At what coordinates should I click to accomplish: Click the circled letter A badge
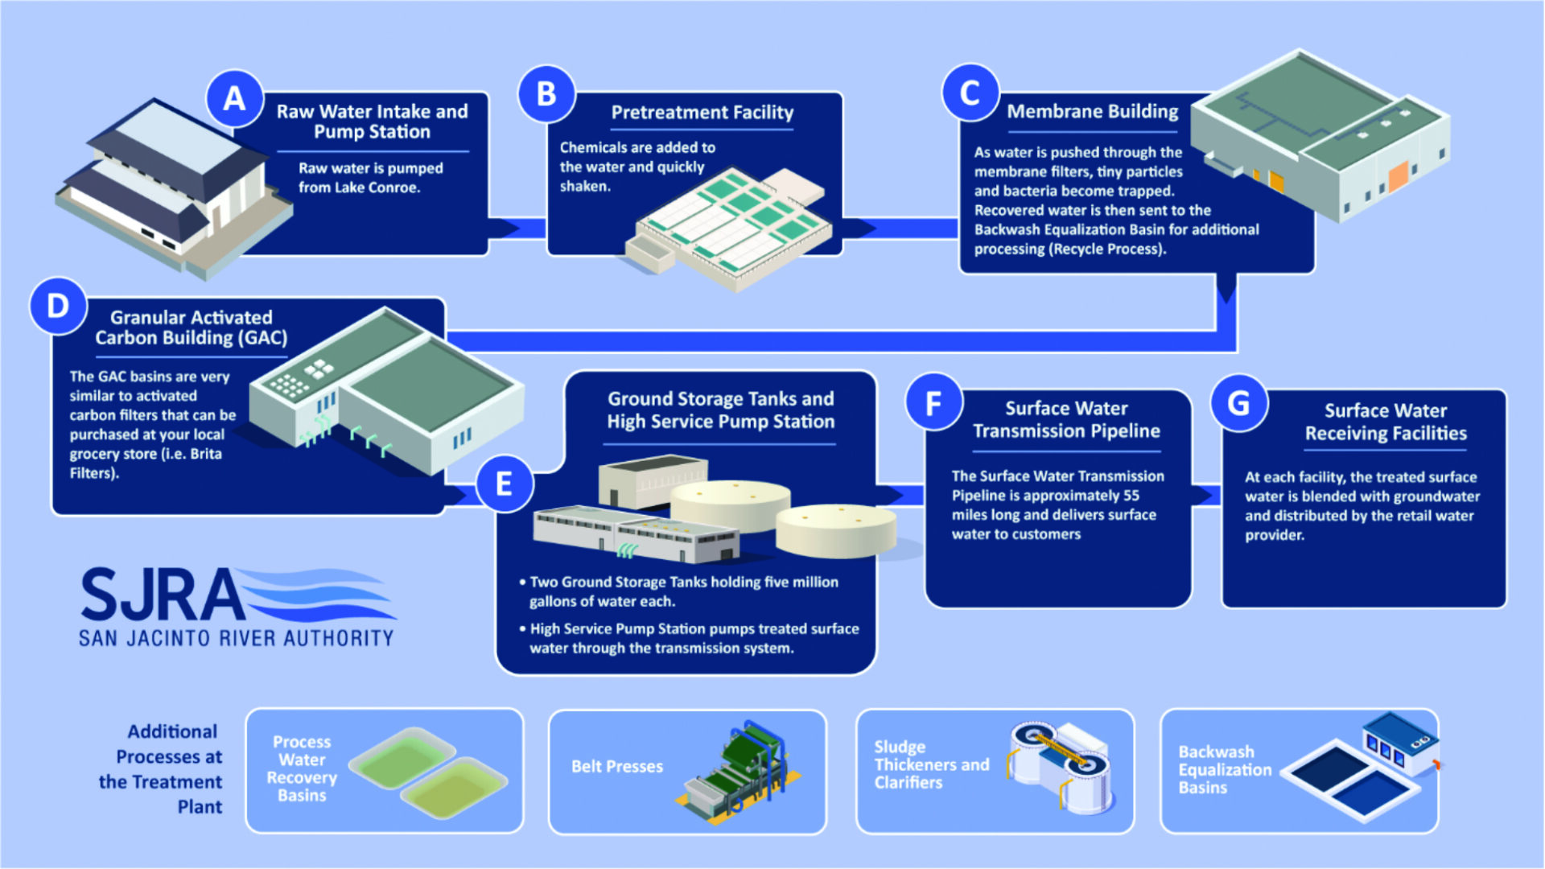(235, 99)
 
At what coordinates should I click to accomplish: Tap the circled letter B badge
(546, 94)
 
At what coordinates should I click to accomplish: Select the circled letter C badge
(970, 93)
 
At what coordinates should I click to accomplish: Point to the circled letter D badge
(58, 306)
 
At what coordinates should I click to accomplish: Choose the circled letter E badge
(505, 484)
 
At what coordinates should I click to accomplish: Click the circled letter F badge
(933, 402)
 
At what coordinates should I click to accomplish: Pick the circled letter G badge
(1239, 402)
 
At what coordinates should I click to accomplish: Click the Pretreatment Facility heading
(702, 113)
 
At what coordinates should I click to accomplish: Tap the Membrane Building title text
(1092, 111)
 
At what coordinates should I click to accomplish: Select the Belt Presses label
(617, 767)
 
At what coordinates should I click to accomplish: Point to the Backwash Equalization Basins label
(1225, 769)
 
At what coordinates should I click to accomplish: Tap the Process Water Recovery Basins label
(302, 768)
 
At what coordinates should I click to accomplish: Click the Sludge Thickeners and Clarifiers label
(932, 764)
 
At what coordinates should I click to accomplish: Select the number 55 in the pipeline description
(1131, 496)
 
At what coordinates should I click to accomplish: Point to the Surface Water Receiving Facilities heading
(1386, 422)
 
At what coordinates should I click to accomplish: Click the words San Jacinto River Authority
(236, 639)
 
